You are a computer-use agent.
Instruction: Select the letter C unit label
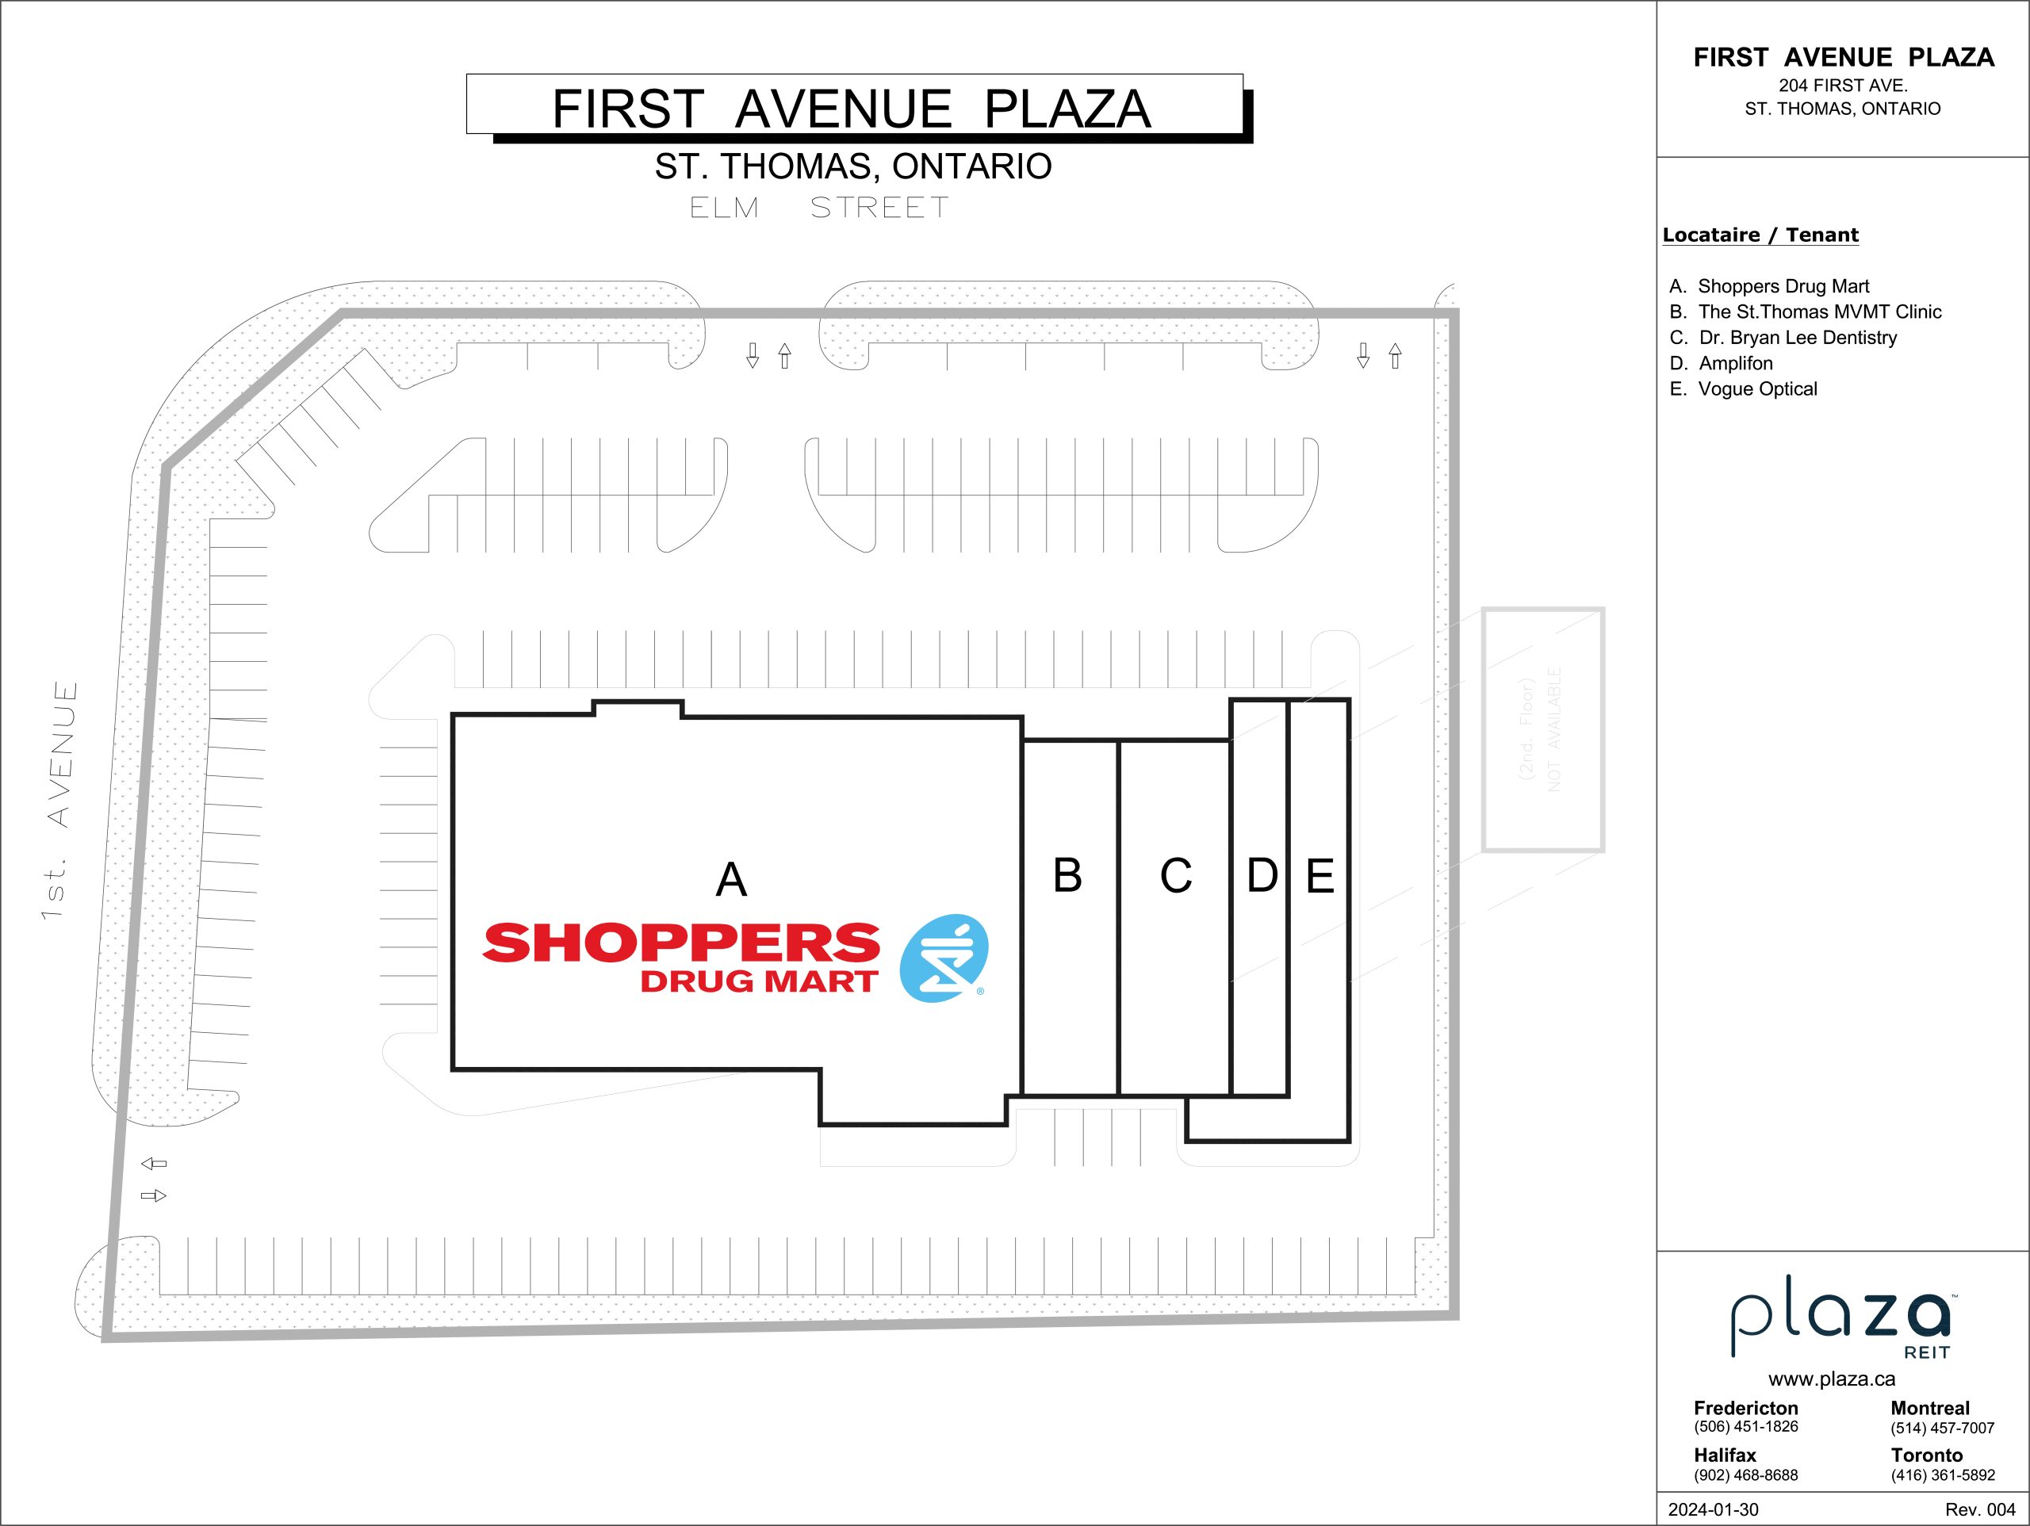coord(1176,875)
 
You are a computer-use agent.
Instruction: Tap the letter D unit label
coord(1262,875)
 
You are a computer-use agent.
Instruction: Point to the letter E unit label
coord(1319,875)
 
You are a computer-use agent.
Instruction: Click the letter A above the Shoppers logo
coord(730,879)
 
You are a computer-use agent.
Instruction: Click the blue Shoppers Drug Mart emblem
coord(944,958)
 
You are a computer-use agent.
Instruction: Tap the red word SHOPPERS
coord(681,943)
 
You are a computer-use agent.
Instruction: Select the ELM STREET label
coord(818,208)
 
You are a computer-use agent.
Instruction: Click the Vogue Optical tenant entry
coord(1744,389)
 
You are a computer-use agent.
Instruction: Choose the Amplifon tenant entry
coord(1722,363)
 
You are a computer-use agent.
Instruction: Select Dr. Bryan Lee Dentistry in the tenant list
coord(1783,338)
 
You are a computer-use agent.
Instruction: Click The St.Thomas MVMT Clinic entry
coord(1805,312)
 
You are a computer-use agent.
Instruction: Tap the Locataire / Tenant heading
coord(1760,235)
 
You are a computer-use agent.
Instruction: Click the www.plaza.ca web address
coord(1832,1379)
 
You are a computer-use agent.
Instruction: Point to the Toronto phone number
coord(1943,1475)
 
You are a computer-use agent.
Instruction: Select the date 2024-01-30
coord(1714,1509)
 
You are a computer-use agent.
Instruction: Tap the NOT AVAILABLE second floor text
coord(1553,729)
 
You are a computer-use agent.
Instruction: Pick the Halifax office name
coord(1725,1455)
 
